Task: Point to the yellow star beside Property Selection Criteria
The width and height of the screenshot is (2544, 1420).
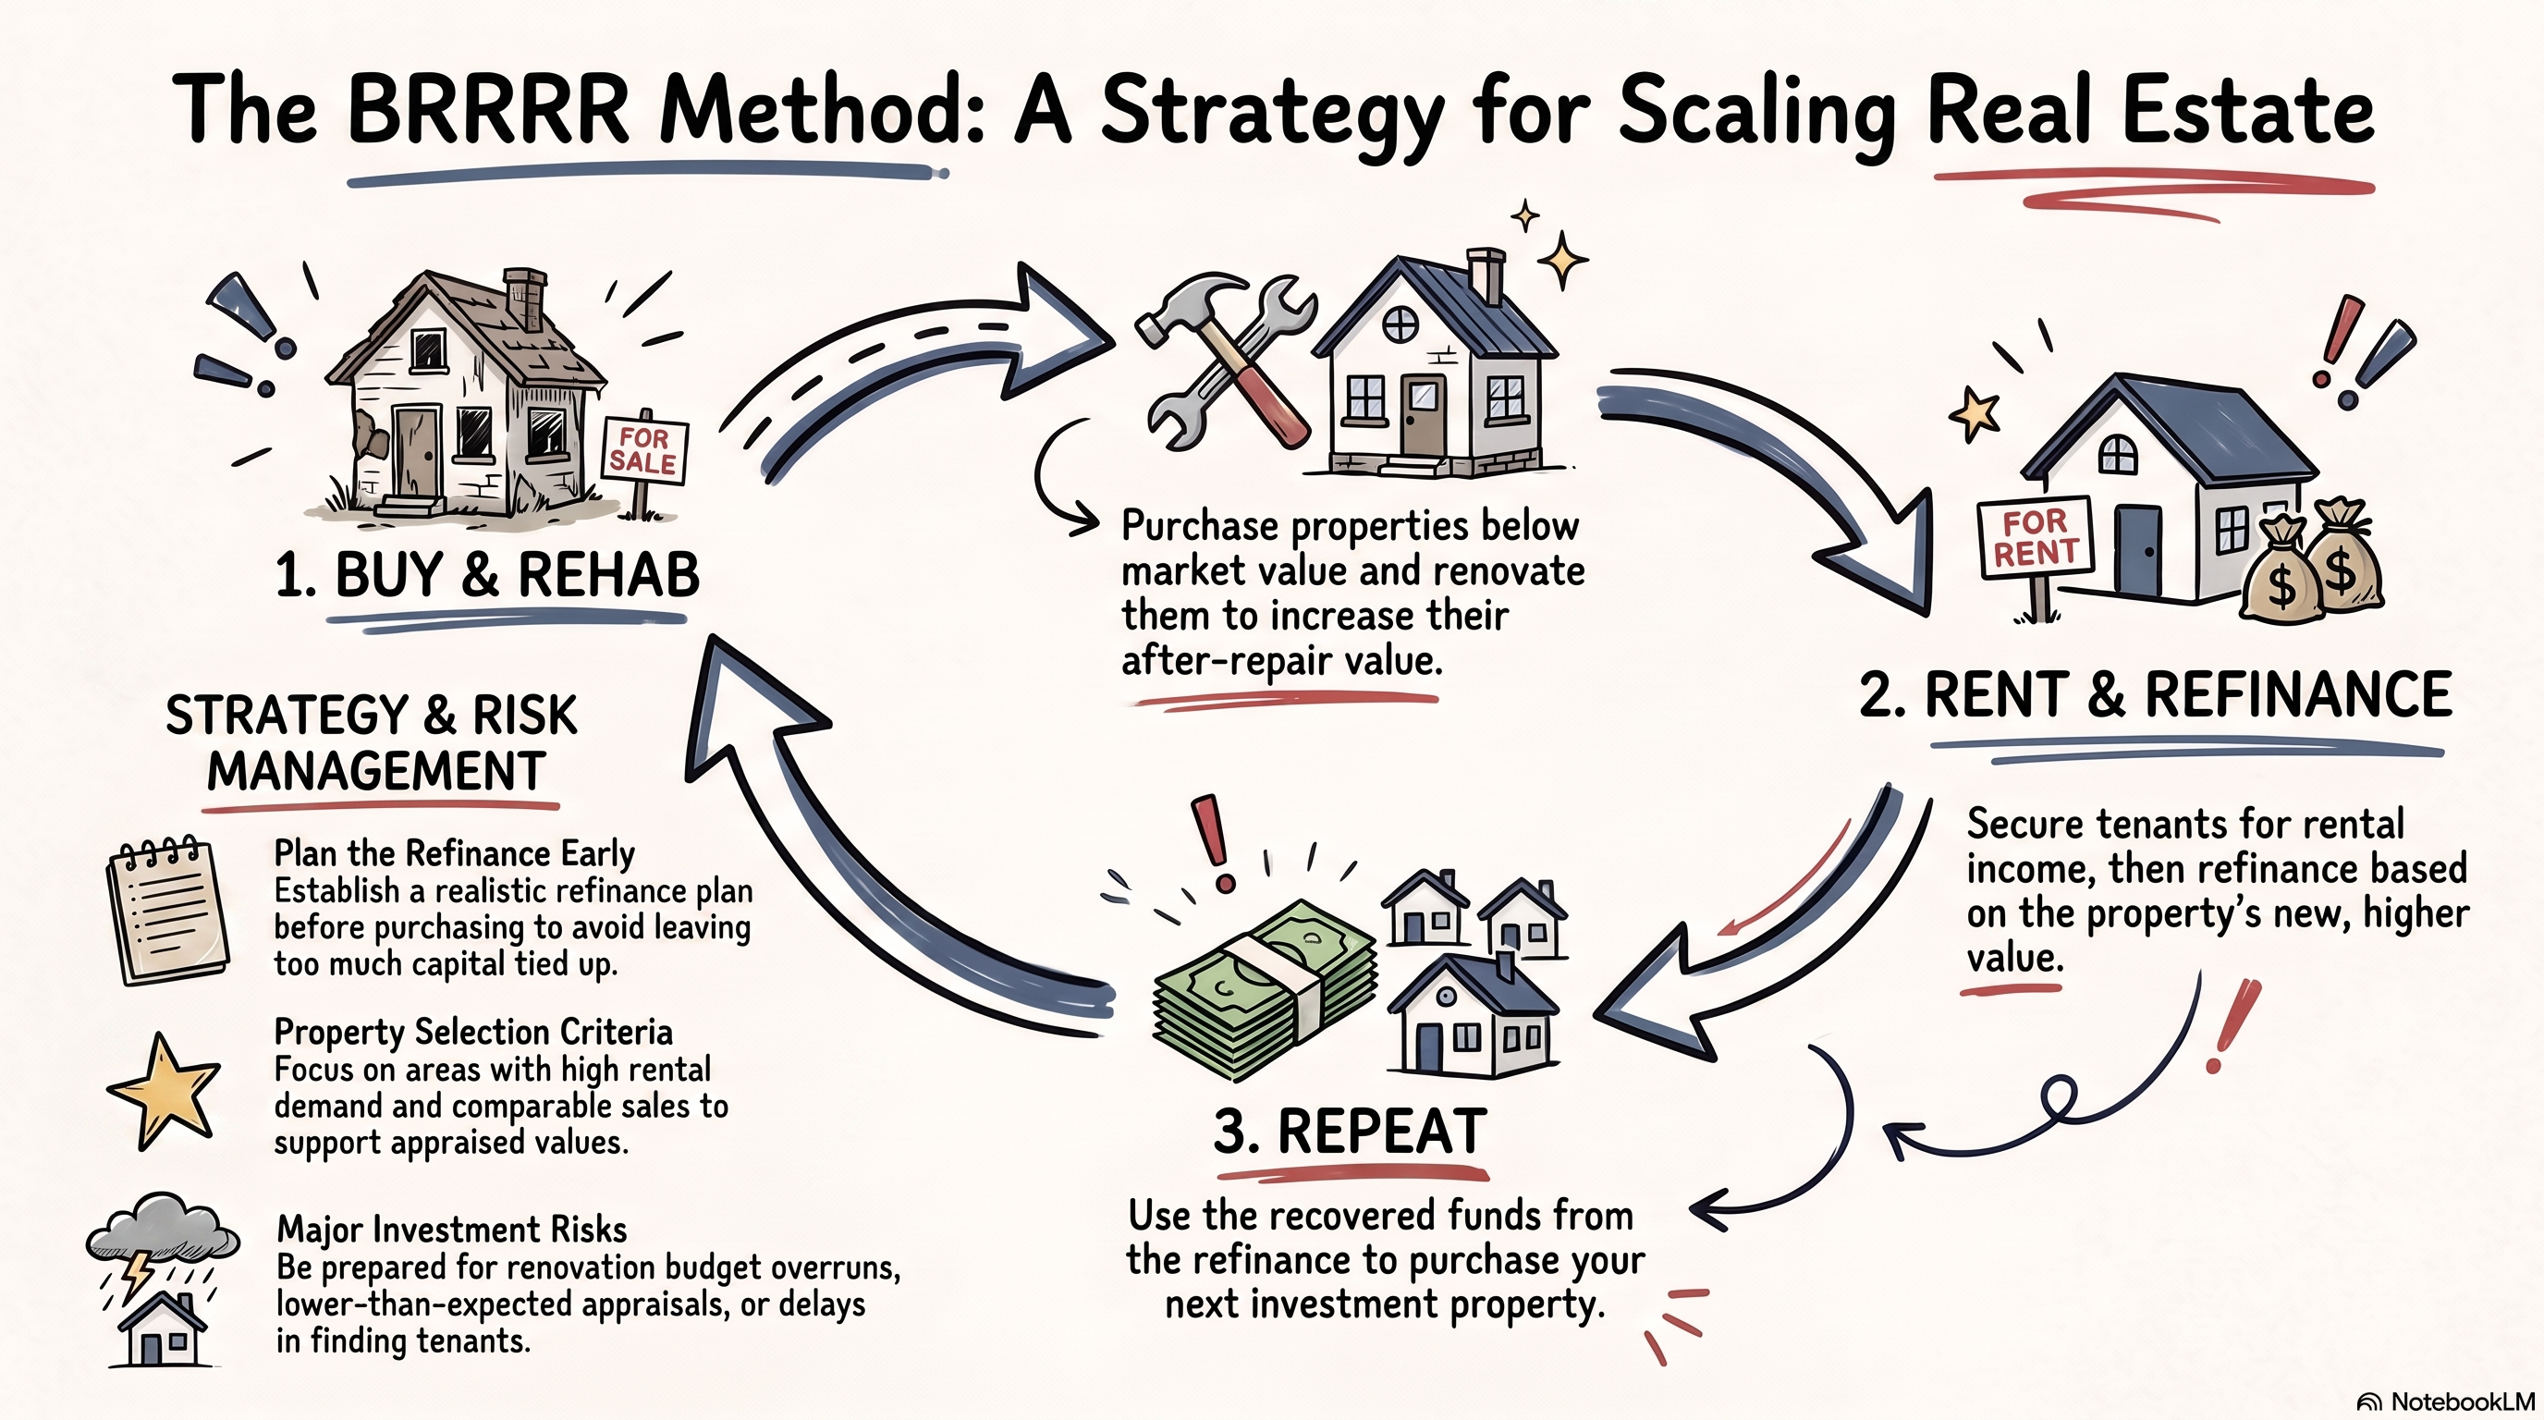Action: click(163, 1091)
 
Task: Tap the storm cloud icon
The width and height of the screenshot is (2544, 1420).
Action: click(163, 1226)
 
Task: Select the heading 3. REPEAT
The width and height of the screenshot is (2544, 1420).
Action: click(1350, 1132)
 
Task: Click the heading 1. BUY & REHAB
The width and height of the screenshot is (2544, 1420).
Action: click(487, 574)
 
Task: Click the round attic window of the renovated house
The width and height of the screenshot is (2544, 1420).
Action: click(1400, 324)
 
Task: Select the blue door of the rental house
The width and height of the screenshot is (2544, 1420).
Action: click(2138, 551)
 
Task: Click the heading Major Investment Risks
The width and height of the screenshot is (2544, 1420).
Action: click(451, 1230)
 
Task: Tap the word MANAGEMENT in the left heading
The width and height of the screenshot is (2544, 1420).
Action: click(376, 770)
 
